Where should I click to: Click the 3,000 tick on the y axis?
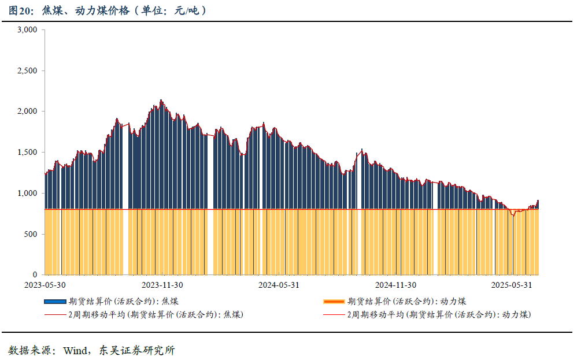tap(27, 30)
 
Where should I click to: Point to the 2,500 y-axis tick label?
tap(27, 70)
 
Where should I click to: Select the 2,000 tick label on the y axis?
tap(27, 112)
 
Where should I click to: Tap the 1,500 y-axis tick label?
tap(27, 153)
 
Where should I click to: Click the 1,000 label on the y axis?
tap(27, 193)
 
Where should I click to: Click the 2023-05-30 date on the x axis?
tap(45, 285)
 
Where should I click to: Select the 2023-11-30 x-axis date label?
tap(162, 285)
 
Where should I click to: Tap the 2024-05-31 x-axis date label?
tap(279, 285)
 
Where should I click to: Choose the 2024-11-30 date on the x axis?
tap(395, 285)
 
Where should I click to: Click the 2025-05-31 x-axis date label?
tap(512, 285)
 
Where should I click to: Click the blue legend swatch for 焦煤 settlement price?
tap(55, 302)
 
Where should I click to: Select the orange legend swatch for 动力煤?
tap(334, 302)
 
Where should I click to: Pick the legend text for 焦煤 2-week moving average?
tap(155, 315)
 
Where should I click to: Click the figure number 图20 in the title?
tap(20, 11)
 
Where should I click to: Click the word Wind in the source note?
tap(74, 350)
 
